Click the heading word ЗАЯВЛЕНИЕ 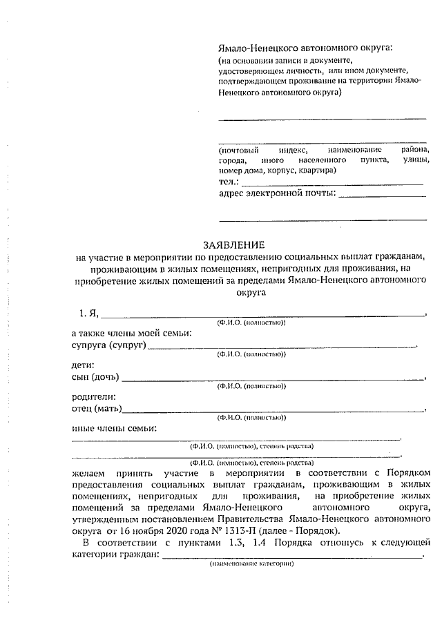[x=233, y=244]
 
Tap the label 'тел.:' [x=228, y=181]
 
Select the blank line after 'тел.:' [x=331, y=183]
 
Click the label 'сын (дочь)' [x=95, y=376]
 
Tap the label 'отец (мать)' [x=97, y=408]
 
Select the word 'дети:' [x=83, y=365]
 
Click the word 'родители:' [x=93, y=396]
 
